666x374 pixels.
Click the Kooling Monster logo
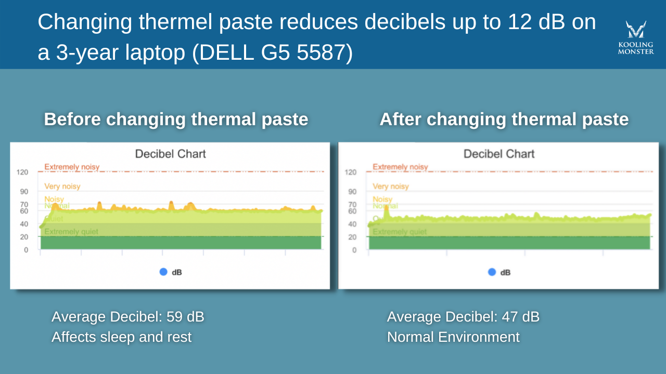coord(635,37)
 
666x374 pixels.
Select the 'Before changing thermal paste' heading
coord(176,119)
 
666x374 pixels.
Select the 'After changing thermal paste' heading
coord(504,119)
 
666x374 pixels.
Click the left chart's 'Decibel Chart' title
coord(170,154)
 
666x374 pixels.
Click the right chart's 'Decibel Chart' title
coord(499,154)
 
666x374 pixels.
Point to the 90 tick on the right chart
coord(352,192)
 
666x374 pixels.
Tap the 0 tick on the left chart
coord(25,250)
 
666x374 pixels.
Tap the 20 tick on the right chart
coord(352,237)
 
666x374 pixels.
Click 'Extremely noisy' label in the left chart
coord(72,167)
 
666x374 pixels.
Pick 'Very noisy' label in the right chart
coord(391,186)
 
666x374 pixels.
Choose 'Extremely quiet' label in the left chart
coord(71,232)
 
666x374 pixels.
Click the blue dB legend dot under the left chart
coord(163,272)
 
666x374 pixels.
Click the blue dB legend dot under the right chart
coord(492,272)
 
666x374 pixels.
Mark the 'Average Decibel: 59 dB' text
coord(127,317)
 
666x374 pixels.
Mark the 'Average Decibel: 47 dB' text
coord(463,317)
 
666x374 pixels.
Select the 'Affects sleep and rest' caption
coord(121,337)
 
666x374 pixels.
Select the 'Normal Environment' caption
coord(453,337)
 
